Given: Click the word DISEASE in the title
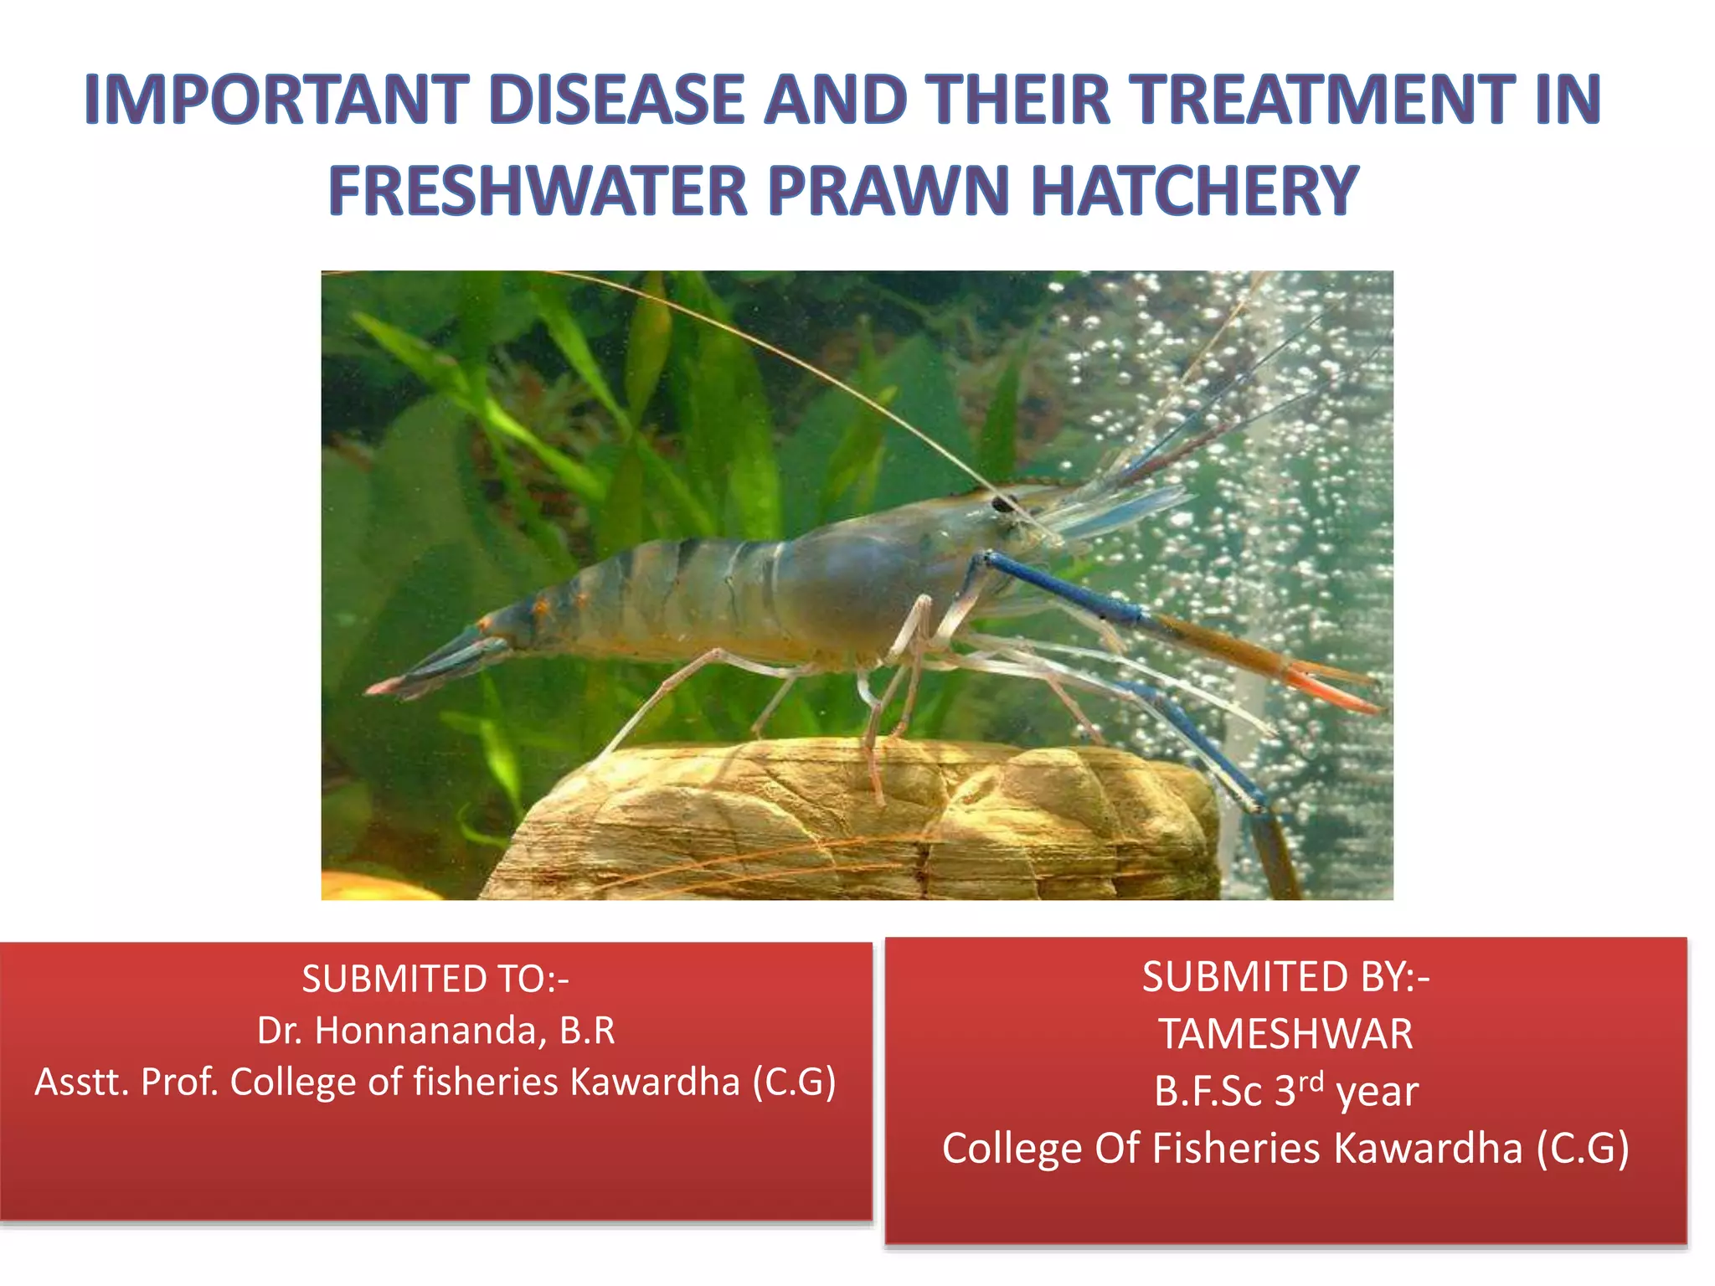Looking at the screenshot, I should pos(616,100).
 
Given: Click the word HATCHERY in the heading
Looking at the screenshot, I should pos(1195,191).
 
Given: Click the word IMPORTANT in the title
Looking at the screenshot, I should pos(276,100).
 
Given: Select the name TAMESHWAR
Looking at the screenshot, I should pos(1285,1034).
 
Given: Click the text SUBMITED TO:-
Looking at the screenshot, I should pos(435,979).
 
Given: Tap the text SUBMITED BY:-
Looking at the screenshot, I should pos(1285,977).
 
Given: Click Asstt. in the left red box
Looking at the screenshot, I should pos(80,1082).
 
